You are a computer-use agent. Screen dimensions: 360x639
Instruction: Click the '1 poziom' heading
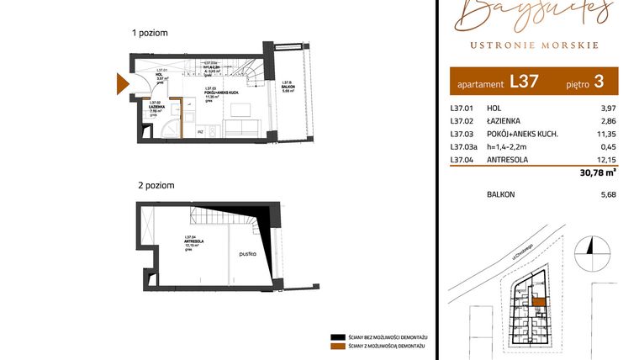click(x=150, y=33)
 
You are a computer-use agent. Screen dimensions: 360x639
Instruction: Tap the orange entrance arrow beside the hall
click(x=122, y=82)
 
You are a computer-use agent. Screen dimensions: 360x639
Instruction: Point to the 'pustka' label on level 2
click(x=246, y=253)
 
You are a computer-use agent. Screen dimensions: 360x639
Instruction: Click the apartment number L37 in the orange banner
click(x=523, y=82)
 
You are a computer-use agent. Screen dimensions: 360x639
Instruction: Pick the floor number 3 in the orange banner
click(x=599, y=82)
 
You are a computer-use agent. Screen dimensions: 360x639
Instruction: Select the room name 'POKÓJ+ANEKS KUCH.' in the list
click(x=522, y=134)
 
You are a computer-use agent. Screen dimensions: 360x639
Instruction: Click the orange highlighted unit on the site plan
click(x=539, y=303)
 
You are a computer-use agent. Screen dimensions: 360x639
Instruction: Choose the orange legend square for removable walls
click(x=335, y=347)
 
